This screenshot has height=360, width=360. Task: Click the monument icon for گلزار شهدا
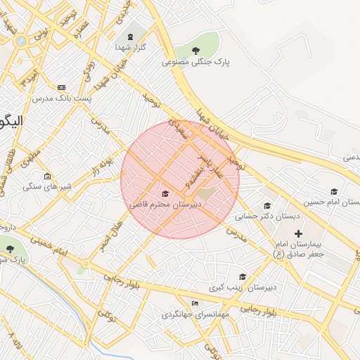(x=129, y=36)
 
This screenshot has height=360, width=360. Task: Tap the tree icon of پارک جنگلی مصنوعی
(x=196, y=50)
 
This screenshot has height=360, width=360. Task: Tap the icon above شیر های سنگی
(x=47, y=176)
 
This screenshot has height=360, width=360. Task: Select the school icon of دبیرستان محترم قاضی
(x=166, y=193)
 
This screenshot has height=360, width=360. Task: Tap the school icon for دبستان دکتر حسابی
(x=266, y=206)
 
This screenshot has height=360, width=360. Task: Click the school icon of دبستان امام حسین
(x=334, y=191)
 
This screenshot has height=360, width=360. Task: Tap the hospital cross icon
(x=298, y=233)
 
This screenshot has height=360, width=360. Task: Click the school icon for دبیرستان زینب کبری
(x=243, y=277)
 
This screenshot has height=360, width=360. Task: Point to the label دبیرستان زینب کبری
(x=243, y=288)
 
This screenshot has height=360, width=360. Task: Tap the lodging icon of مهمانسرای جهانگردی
(x=195, y=303)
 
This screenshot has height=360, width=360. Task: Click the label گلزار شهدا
(x=130, y=47)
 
